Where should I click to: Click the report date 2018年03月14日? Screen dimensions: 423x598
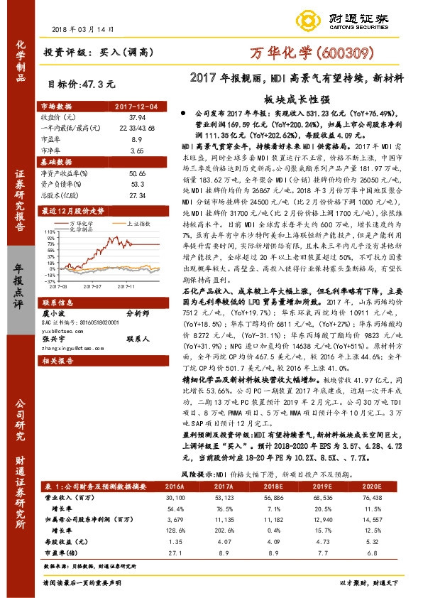(x=84, y=30)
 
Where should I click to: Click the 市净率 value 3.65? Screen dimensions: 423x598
(x=137, y=151)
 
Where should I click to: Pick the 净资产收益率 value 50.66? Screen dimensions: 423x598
(x=137, y=173)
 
